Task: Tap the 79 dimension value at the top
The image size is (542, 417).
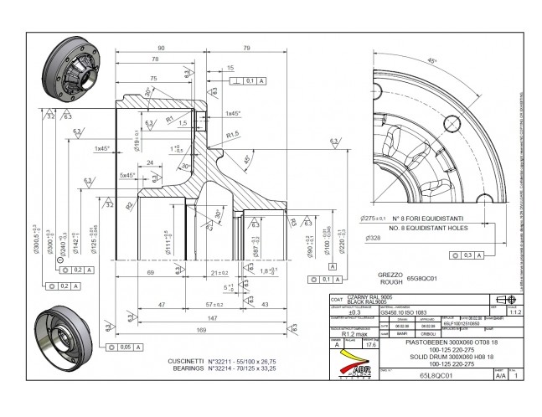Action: (x=247, y=48)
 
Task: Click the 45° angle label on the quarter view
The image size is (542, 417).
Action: (x=431, y=61)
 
